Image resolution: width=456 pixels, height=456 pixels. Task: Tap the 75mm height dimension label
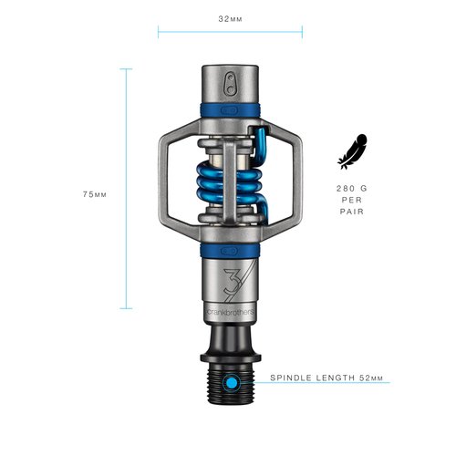(95, 194)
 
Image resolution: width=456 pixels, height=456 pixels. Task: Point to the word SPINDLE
(293, 376)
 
